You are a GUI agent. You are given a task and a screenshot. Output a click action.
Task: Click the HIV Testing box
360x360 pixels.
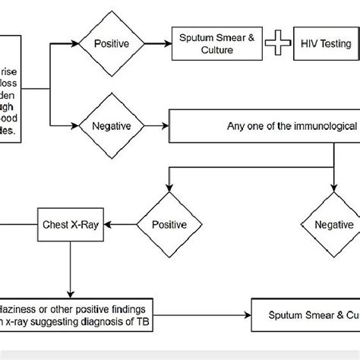[325, 44]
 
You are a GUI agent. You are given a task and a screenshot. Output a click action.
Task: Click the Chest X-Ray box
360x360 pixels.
[69, 225]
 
